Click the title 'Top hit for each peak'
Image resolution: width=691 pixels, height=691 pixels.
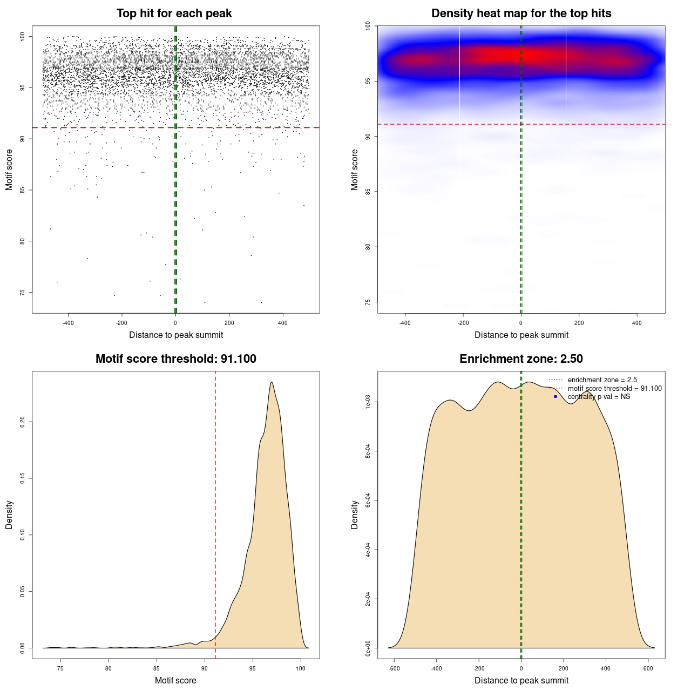[x=174, y=13]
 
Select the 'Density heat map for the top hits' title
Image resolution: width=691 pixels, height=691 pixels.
[x=521, y=13]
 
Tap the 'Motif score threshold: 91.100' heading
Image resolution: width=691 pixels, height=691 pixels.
[x=175, y=359]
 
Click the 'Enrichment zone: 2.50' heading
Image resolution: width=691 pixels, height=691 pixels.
[x=521, y=359]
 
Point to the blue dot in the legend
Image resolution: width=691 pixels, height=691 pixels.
[x=555, y=397]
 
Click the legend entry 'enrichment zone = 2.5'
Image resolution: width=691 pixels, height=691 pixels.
[x=602, y=380]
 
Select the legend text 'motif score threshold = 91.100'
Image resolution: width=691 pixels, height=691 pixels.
[x=614, y=389]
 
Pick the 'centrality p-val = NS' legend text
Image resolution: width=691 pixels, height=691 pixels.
[x=599, y=397]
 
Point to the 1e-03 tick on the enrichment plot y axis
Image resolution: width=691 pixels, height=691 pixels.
[x=368, y=402]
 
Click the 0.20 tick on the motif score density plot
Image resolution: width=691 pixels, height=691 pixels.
[x=22, y=421]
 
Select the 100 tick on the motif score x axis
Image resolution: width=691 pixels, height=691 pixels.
[x=301, y=668]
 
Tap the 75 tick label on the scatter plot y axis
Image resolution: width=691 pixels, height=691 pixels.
[x=22, y=293]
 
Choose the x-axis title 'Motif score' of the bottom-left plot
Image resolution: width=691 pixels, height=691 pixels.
[x=175, y=681]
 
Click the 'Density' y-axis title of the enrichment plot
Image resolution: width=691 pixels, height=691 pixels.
[x=355, y=514]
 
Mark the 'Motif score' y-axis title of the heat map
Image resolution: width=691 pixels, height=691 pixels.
[x=355, y=170]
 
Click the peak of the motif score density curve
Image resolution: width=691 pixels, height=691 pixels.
[x=272, y=382]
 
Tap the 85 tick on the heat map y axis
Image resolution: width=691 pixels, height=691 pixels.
[x=368, y=192]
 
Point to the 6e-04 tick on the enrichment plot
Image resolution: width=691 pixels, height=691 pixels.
[x=368, y=500]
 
